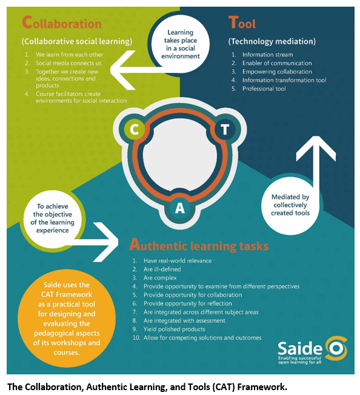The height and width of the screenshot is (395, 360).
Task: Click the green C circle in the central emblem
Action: point(134,129)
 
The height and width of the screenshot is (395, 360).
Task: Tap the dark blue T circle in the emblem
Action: point(225,129)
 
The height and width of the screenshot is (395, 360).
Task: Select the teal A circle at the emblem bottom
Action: point(179,208)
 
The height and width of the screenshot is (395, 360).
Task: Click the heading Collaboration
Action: point(62,22)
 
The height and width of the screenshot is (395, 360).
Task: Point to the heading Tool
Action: point(242,22)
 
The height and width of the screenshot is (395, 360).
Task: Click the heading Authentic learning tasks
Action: point(199,245)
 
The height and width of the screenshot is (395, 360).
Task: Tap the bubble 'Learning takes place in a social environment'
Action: point(181,44)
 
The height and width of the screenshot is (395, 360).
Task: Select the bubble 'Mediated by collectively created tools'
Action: point(290,205)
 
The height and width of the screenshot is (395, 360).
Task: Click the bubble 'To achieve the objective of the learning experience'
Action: point(52,218)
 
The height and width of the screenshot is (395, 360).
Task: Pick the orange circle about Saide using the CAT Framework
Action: point(67,318)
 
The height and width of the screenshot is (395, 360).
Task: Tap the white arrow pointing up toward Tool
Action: point(316,161)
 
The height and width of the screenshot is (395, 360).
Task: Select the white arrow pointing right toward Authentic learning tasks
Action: point(101,242)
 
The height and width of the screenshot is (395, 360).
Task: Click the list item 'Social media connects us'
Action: point(68,63)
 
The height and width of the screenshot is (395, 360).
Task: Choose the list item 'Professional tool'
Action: point(264,89)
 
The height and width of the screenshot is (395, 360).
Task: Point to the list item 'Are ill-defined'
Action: point(162,269)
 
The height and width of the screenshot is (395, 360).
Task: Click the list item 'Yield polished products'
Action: point(174,329)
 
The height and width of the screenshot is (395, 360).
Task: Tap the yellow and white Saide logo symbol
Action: point(336,348)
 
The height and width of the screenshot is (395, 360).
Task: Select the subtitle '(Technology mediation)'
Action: point(272,41)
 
